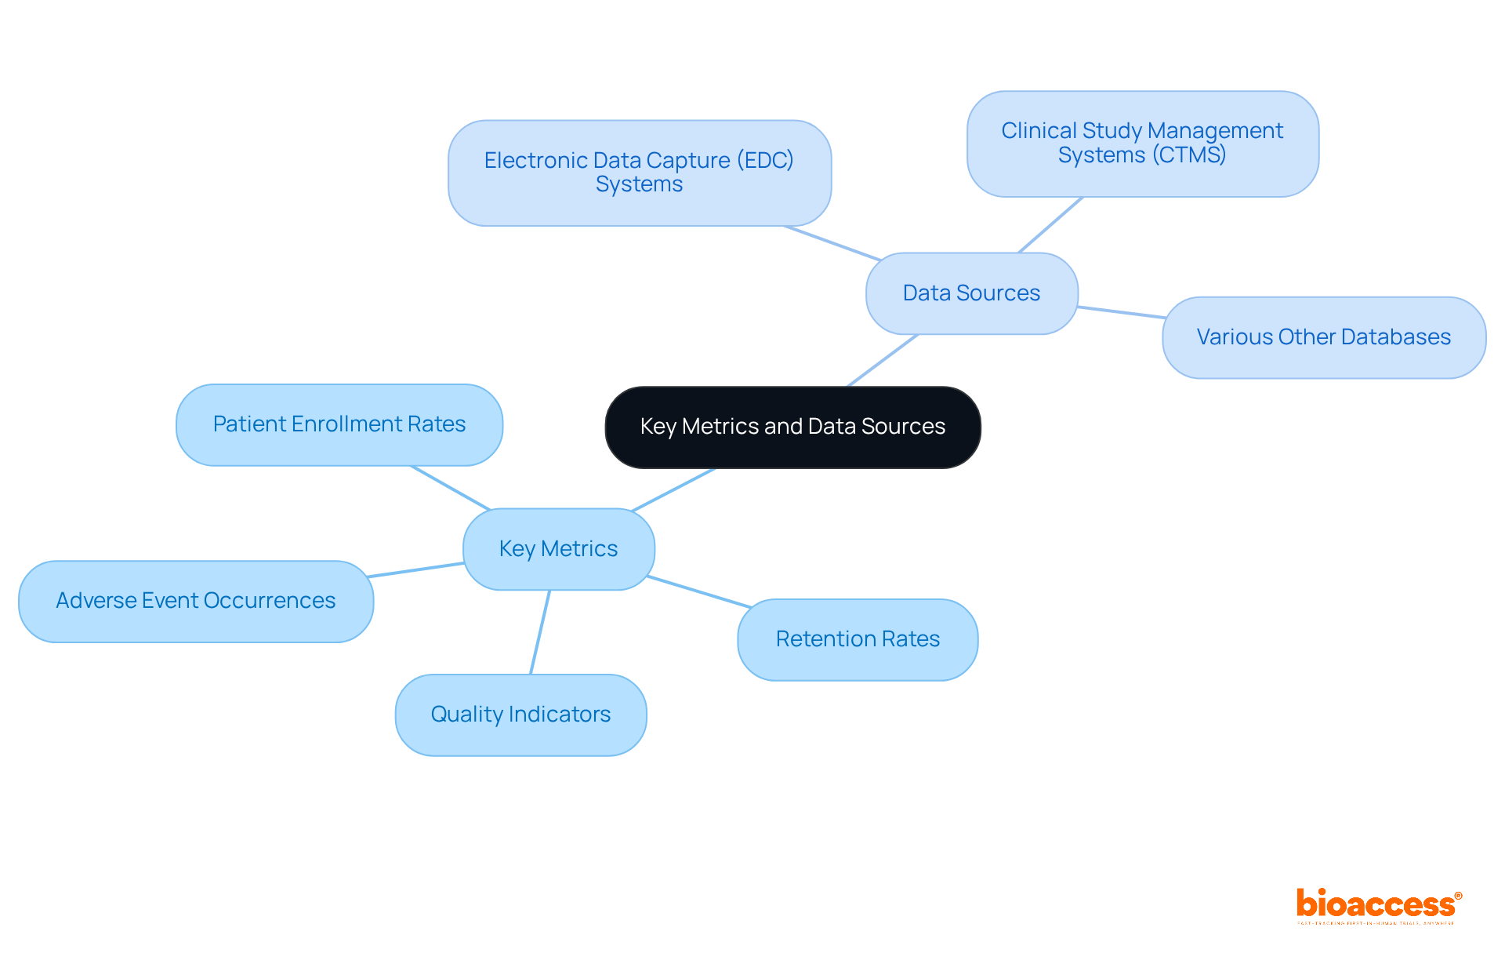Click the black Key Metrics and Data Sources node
pos(792,427)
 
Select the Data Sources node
pos(971,293)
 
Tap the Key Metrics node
pos(558,549)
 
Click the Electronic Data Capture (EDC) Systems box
pos(639,173)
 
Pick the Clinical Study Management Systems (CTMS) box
pos(1142,144)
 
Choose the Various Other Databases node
pos(1323,337)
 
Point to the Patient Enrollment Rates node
pos(339,424)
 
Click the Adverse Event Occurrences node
pos(195,601)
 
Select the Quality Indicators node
pos(520,715)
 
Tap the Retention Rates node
pos(858,639)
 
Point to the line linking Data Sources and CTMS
pos(1050,224)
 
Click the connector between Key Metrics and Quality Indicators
pos(540,632)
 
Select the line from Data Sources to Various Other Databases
pos(1121,312)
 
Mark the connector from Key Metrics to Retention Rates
pos(699,592)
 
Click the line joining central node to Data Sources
pos(883,361)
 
